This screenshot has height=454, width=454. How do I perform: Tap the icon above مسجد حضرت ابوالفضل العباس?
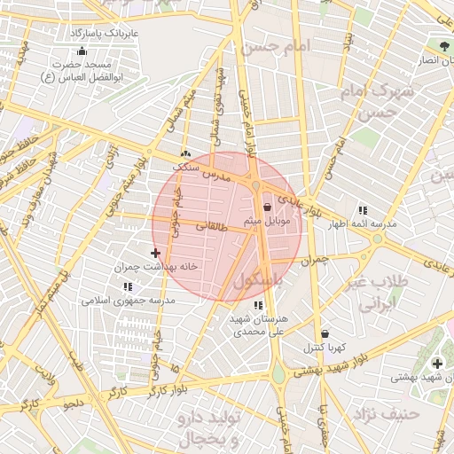pyautogui.click(x=82, y=51)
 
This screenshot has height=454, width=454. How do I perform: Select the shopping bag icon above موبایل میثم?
pyautogui.click(x=267, y=207)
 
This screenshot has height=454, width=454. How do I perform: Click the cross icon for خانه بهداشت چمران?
pyautogui.click(x=156, y=253)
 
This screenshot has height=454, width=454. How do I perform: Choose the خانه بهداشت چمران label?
pyautogui.click(x=153, y=266)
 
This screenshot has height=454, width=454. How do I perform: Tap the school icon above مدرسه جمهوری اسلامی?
pyautogui.click(x=129, y=286)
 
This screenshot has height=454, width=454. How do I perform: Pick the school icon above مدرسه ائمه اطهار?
pyautogui.click(x=363, y=210)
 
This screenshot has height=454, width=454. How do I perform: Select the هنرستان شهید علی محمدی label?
pyautogui.click(x=260, y=325)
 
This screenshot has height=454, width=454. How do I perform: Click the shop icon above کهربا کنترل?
pyautogui.click(x=325, y=333)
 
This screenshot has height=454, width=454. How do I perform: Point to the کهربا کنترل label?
pyautogui.click(x=325, y=347)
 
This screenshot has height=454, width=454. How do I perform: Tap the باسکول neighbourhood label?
pyautogui.click(x=263, y=279)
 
